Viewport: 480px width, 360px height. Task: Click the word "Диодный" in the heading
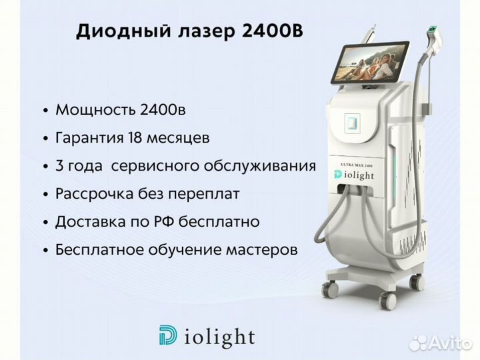click(123, 31)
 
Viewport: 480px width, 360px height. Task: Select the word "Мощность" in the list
click(95, 110)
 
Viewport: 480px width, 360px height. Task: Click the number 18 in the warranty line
click(135, 137)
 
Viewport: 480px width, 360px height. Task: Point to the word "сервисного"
click(155, 166)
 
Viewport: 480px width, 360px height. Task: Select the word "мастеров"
click(262, 250)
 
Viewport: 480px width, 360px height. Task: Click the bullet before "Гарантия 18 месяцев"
click(46, 139)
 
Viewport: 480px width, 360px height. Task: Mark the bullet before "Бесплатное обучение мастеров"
click(46, 251)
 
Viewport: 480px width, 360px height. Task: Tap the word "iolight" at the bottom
click(219, 337)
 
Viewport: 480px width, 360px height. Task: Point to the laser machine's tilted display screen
click(369, 63)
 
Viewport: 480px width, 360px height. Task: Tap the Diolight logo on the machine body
click(354, 175)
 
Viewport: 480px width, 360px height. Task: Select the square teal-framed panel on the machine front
click(352, 123)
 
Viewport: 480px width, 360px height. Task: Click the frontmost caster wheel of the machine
click(387, 301)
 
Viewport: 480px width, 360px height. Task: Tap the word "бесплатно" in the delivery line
click(219, 221)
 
